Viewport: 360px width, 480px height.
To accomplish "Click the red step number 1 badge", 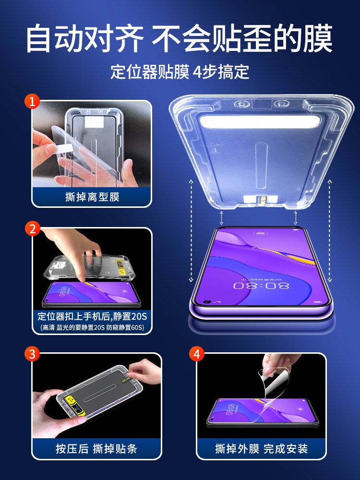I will point(33,101).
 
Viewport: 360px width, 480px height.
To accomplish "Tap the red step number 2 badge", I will point(33,228).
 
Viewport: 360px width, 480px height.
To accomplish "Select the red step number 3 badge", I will point(33,355).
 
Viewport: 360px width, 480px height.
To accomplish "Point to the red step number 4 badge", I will point(197,355).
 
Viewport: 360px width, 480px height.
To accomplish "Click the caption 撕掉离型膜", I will point(92,197).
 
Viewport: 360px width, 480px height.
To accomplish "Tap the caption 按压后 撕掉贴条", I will point(96,449).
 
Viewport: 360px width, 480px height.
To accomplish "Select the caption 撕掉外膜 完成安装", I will point(261,449).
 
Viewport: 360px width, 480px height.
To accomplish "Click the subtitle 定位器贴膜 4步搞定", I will point(180,72).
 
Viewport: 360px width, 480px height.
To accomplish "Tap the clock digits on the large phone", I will point(262,286).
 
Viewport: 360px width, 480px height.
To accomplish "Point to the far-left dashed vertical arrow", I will point(191,230).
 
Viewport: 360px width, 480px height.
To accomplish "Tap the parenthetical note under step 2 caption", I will point(92,328).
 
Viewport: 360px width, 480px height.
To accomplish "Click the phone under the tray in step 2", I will point(91,294).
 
